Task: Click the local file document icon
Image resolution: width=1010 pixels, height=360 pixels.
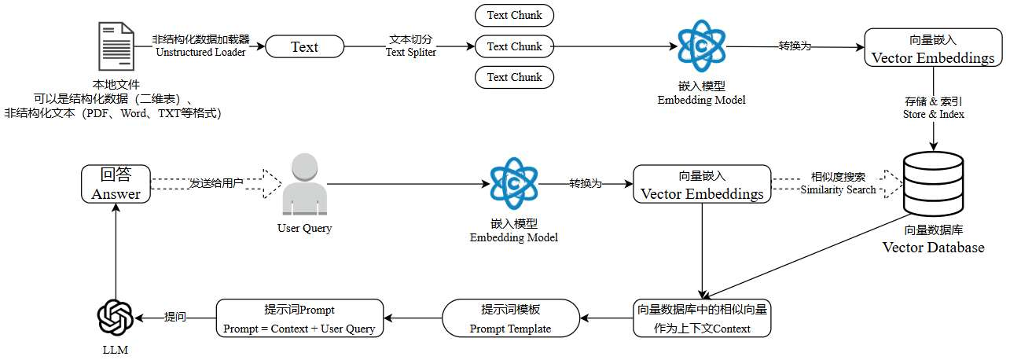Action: [x=116, y=46]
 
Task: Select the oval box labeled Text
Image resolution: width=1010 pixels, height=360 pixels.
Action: [x=305, y=46]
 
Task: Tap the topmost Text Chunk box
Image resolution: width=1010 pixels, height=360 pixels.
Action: [x=515, y=16]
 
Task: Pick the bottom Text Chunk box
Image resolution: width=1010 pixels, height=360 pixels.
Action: [x=515, y=77]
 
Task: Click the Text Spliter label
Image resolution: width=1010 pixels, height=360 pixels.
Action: [x=411, y=53]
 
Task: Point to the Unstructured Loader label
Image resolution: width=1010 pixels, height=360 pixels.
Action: [x=200, y=53]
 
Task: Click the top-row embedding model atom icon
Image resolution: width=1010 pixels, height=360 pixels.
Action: [x=702, y=46]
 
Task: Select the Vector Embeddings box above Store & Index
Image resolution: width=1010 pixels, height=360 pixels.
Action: [x=933, y=47]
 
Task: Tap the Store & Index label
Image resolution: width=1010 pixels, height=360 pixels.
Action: [x=933, y=115]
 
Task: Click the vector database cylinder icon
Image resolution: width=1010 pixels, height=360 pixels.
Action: [x=933, y=184]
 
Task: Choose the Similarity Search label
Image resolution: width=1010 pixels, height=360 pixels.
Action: [x=838, y=190]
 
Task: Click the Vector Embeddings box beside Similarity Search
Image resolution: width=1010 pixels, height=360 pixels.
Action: [x=702, y=184]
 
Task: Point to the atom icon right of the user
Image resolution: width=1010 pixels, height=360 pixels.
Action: [x=514, y=183]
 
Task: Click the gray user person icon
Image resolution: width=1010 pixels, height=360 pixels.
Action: [x=305, y=184]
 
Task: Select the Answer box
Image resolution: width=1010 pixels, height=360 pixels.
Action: [x=116, y=184]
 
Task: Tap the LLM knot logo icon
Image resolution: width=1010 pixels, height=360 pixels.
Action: [x=116, y=318]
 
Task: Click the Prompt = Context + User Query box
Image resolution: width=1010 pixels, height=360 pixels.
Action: [x=299, y=318]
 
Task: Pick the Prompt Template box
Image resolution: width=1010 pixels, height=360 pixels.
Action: [x=510, y=318]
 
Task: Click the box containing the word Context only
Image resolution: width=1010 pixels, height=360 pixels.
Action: [x=702, y=318]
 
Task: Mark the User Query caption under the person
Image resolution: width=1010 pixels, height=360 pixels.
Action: [x=305, y=228]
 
